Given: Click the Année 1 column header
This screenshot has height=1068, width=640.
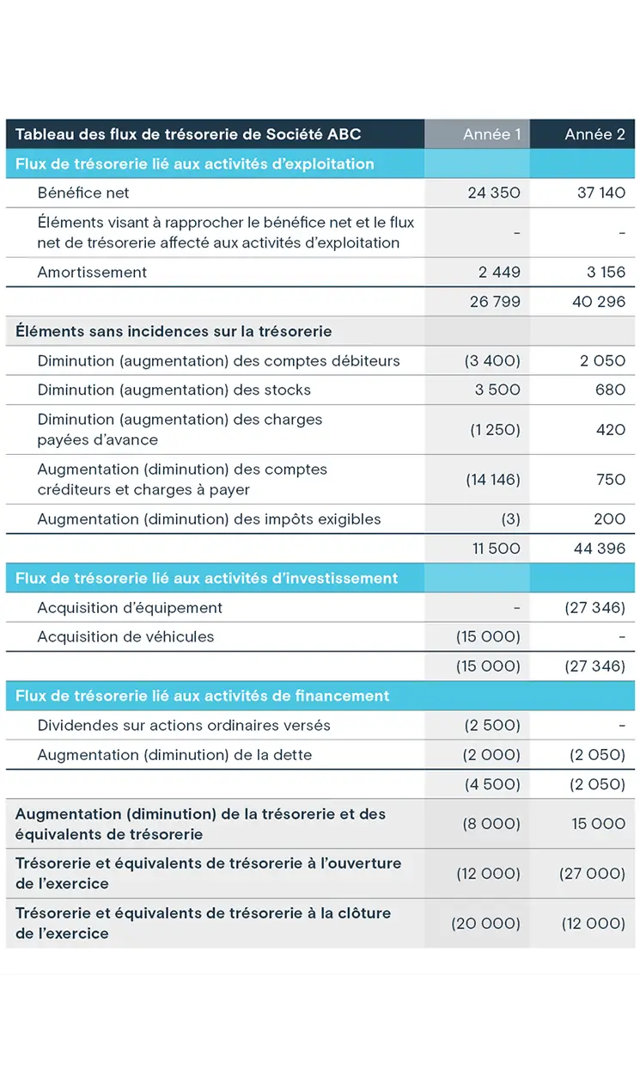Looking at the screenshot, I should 491,134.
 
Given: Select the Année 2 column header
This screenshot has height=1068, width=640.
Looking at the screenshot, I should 594,134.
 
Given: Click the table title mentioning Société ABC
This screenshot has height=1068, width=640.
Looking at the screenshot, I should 188,134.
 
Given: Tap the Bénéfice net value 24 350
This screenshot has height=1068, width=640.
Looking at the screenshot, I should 494,193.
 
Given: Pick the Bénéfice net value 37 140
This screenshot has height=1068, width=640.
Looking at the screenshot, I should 601,193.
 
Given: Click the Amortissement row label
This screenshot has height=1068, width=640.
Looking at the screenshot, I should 92,273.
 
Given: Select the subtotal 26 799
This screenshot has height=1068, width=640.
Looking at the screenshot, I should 495,302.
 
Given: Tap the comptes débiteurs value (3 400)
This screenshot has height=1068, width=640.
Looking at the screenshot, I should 492,360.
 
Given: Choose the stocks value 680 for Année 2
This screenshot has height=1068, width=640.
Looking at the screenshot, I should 610,390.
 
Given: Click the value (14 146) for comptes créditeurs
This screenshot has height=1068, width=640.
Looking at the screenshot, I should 492,480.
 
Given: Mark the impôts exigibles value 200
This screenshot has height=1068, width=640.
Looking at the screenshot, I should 609,519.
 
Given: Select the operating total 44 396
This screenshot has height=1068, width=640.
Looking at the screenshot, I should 599,549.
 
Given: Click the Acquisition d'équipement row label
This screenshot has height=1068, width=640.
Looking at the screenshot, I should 130,608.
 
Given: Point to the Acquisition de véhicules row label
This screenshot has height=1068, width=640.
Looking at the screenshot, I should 125,637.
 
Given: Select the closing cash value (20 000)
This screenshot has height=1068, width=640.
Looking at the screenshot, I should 486,924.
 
